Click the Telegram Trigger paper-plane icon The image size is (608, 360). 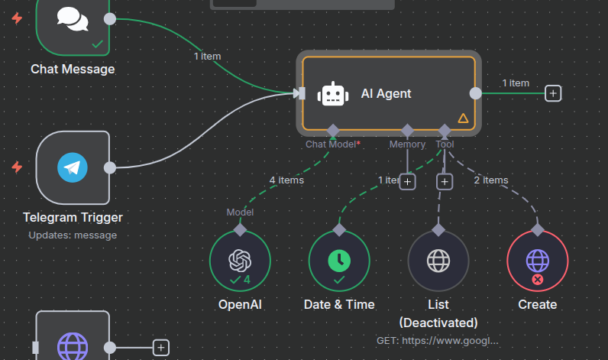[x=73, y=167]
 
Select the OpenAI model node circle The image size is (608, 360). [x=240, y=261]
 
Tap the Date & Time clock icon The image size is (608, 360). [x=339, y=261]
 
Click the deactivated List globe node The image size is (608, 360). [x=438, y=261]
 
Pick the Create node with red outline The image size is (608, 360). [x=538, y=261]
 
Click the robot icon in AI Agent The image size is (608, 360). [x=332, y=93]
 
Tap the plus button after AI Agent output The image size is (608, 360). [x=553, y=93]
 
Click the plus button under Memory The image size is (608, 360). [x=407, y=182]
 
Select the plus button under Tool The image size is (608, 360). [x=445, y=182]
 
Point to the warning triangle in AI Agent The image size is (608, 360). [x=463, y=118]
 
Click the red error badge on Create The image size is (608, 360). [x=538, y=280]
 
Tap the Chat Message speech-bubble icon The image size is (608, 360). [x=73, y=18]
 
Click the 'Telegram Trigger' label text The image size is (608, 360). [x=73, y=217]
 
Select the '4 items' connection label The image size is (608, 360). [x=286, y=180]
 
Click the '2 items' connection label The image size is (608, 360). [x=490, y=180]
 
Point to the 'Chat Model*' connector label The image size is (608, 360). [x=333, y=144]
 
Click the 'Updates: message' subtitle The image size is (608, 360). [x=73, y=235]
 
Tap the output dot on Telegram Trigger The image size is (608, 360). [x=110, y=167]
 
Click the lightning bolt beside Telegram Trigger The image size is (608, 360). [x=17, y=167]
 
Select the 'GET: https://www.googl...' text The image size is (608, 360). [x=438, y=339]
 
